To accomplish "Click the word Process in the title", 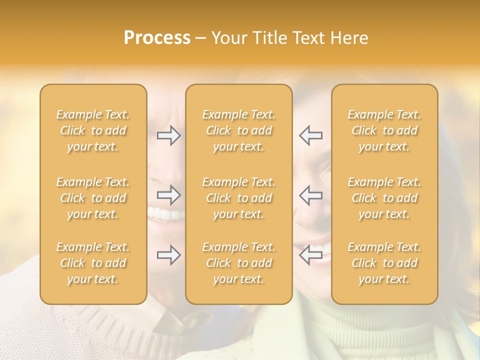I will click(157, 38).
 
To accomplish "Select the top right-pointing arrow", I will click(169, 135).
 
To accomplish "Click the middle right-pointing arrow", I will click(169, 195).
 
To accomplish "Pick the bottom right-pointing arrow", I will click(169, 255).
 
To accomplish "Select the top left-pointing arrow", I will click(310, 135).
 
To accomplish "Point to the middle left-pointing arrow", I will click(310, 195).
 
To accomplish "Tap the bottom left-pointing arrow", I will click(310, 255).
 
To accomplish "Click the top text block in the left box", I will click(93, 130).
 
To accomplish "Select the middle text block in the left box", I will click(93, 198).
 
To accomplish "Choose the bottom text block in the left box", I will click(93, 263).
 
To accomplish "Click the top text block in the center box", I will click(239, 130).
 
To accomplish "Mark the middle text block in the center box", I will click(239, 198).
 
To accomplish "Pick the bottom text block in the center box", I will click(239, 263).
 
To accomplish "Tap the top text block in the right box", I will click(384, 130).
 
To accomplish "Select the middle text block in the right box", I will click(384, 198).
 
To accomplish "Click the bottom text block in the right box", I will click(384, 263).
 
